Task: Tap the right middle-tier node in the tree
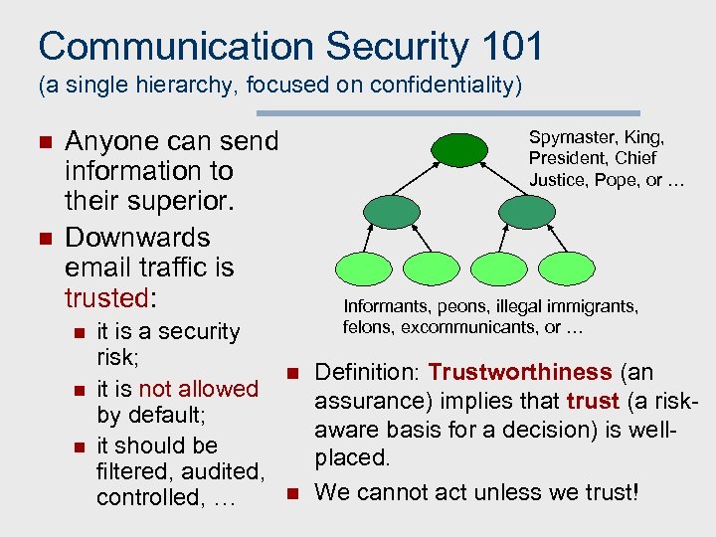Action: [523, 212]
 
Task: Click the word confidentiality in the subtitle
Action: [441, 87]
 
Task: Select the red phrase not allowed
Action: [198, 389]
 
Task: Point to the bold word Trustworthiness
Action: [519, 373]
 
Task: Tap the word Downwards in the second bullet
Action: [137, 239]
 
